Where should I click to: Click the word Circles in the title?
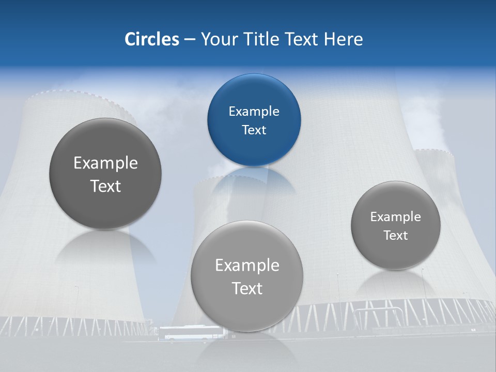151,39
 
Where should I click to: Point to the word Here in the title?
343,39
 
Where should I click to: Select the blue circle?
254,120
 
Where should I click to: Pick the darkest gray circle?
105,174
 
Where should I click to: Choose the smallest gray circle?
396,225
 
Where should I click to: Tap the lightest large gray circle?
247,276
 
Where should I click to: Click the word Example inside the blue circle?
254,111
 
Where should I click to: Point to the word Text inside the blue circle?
254,130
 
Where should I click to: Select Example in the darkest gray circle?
105,163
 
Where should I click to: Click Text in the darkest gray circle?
105,186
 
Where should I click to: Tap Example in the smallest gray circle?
396,216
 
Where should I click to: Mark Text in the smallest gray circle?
396,235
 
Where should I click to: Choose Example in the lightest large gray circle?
247,265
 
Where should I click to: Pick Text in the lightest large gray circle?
247,288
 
